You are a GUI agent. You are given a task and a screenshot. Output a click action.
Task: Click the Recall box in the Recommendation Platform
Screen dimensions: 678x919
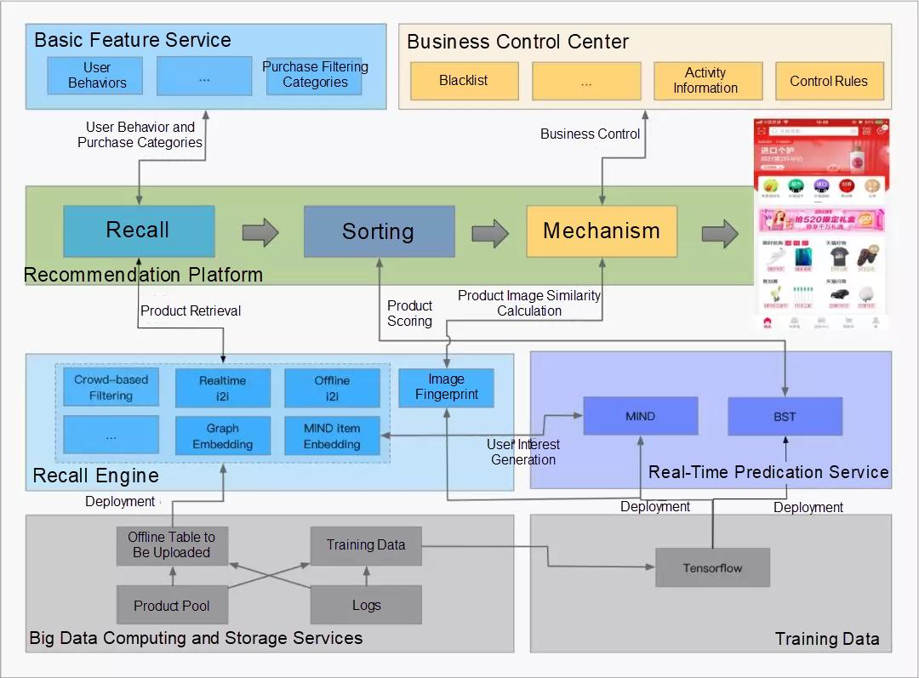pos(139,231)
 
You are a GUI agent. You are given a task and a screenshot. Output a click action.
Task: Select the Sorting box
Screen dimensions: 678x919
pos(379,231)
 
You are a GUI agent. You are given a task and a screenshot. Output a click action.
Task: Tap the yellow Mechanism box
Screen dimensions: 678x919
pos(602,231)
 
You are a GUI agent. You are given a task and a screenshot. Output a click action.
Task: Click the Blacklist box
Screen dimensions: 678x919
pos(464,81)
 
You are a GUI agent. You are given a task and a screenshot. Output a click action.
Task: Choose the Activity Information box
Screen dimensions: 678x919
pos(705,81)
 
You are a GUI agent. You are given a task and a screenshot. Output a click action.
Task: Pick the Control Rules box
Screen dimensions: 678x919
pos(829,81)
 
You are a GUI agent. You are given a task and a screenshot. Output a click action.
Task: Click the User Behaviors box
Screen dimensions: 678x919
pos(98,76)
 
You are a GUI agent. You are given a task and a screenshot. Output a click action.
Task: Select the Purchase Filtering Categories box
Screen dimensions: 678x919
pos(315,76)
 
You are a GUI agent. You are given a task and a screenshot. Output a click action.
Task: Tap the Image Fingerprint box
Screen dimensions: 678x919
pos(447,387)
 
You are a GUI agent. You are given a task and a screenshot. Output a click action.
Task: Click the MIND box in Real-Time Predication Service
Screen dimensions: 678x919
pos(640,416)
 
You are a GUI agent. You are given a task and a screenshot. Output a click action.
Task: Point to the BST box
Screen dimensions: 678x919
pos(785,416)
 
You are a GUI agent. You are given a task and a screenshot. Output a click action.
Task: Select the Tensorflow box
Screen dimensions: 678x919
pos(712,567)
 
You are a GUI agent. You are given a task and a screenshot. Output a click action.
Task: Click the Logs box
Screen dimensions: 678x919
pos(366,606)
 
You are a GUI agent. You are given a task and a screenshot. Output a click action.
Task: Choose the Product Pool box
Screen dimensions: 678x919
pos(172,606)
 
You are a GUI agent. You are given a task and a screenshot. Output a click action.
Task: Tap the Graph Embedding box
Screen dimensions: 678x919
pos(223,436)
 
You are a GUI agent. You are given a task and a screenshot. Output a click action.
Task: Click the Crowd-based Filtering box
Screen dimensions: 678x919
pos(111,388)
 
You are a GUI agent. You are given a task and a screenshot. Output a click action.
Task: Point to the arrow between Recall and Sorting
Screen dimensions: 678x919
pos(260,232)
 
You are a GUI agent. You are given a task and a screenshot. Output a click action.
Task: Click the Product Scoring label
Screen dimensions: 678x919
pos(409,313)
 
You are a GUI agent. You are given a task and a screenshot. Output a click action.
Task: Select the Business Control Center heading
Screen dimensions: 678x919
pos(517,42)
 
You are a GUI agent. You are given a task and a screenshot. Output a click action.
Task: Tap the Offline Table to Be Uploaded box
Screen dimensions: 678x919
pos(172,544)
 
